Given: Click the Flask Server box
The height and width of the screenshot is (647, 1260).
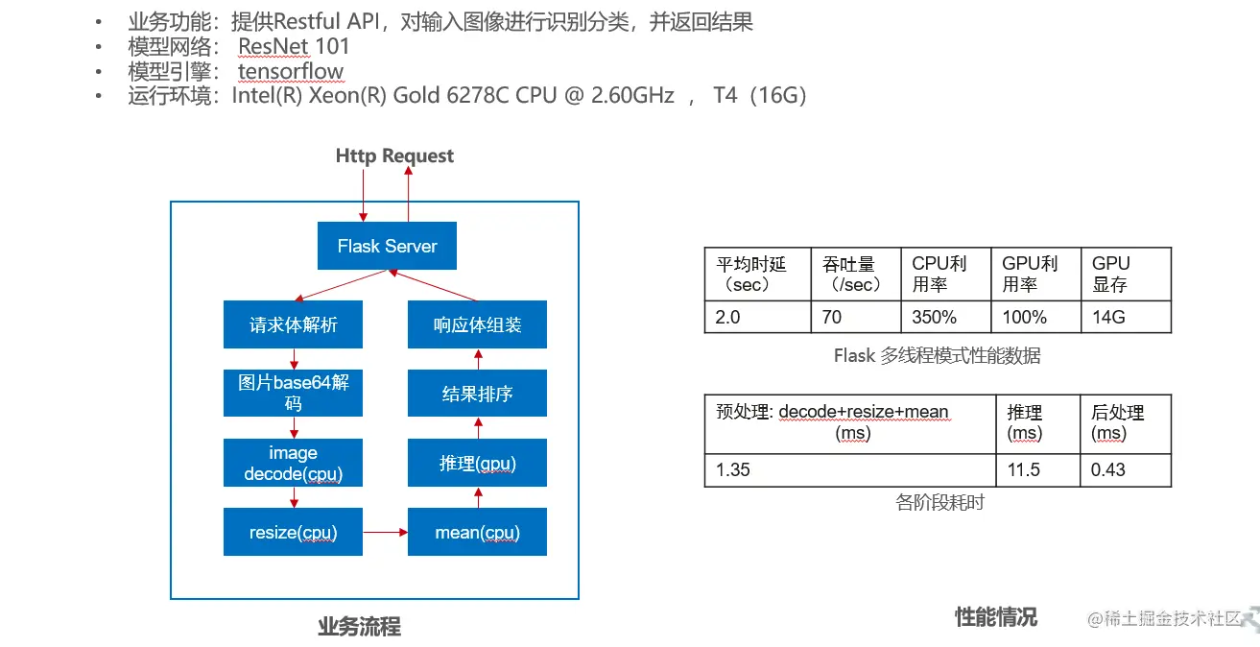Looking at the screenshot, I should point(387,247).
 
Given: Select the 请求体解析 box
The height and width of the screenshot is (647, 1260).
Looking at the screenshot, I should point(293,324).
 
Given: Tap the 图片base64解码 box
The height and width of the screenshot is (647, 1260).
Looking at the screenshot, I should point(293,393).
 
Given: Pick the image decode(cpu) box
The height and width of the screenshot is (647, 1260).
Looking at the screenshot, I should point(293,463).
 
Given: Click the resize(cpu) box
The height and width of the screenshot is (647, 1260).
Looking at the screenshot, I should point(293,532).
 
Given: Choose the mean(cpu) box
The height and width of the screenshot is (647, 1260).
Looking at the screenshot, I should point(477,532).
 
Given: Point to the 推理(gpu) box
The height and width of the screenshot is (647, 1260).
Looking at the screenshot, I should point(477,463).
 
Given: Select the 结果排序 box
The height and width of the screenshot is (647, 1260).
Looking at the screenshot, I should point(477,393).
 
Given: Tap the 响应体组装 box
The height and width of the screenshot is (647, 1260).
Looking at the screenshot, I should point(477,324).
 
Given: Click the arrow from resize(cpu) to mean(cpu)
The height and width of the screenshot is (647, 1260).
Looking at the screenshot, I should point(385,531).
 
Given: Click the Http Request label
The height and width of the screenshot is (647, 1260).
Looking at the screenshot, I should point(394,156).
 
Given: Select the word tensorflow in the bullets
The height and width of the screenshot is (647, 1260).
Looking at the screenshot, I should point(291,71).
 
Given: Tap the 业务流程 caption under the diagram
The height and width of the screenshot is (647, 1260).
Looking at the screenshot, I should point(359,627).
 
